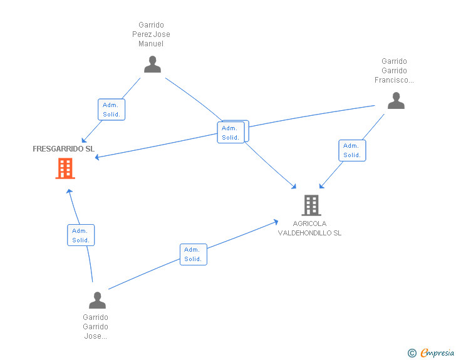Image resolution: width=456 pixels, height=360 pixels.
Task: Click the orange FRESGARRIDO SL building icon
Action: pos(65,168)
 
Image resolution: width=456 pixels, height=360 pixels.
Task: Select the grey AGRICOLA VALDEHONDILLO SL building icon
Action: pos(311,205)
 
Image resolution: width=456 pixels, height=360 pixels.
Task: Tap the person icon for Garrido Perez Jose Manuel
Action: pos(152,64)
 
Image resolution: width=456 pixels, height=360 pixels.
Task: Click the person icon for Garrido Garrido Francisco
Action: pos(396,101)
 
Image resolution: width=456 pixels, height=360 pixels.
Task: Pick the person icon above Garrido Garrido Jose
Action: pos(97,300)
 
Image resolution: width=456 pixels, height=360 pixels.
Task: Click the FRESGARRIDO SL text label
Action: pos(63,149)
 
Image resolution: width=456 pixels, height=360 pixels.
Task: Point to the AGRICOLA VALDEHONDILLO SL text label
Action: pos(310,229)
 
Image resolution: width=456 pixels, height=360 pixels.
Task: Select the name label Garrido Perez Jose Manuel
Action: pos(151,34)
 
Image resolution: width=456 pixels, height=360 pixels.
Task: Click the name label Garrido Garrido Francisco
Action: pos(394,71)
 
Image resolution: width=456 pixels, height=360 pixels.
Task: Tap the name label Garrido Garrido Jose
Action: pos(95,327)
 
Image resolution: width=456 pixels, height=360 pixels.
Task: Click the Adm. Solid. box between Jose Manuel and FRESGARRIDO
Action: pos(111,110)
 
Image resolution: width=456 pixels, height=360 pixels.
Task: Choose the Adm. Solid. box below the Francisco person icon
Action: pos(352,150)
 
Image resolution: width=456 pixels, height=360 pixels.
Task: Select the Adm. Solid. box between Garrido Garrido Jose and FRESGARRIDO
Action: pos(81,235)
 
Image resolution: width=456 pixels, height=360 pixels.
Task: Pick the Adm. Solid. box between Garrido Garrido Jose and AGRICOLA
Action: pos(193,254)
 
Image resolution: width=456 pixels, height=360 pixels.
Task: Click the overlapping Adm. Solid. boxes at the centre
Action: pos(232,132)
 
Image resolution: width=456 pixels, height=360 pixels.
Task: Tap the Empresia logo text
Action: pos(437,353)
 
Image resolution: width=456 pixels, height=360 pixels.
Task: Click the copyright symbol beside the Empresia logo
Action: pos(412,353)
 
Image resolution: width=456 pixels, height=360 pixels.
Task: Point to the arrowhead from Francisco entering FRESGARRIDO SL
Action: pos(97,157)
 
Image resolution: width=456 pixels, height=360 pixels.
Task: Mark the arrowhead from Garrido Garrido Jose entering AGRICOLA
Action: pos(276,221)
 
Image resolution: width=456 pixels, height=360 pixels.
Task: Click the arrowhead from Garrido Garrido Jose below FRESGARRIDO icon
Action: pos(69,190)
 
